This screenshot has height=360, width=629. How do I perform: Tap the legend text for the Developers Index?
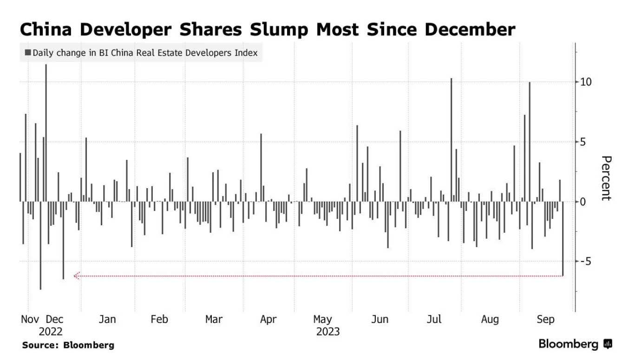tap(144, 52)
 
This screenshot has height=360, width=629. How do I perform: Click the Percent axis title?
tap(606, 178)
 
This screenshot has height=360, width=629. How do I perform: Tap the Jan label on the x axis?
tap(107, 320)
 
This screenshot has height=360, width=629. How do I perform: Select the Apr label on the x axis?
tap(268, 320)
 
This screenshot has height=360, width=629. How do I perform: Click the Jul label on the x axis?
tap(434, 320)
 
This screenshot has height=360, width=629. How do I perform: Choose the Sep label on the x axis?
tap(545, 320)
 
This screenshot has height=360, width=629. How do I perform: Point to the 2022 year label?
tap(51, 332)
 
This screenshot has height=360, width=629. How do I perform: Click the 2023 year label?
tap(328, 332)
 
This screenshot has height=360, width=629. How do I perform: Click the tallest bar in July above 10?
tap(451, 139)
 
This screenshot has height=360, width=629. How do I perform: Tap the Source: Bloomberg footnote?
tap(68, 346)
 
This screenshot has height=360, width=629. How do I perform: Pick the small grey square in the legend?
tap(28, 52)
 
